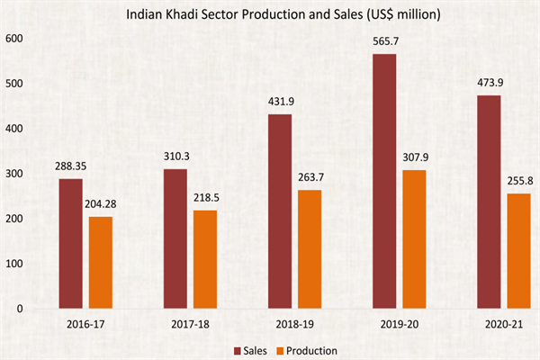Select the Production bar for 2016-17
[102, 262]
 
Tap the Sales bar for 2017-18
[175, 238]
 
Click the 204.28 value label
[102, 204]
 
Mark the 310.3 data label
[175, 157]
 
